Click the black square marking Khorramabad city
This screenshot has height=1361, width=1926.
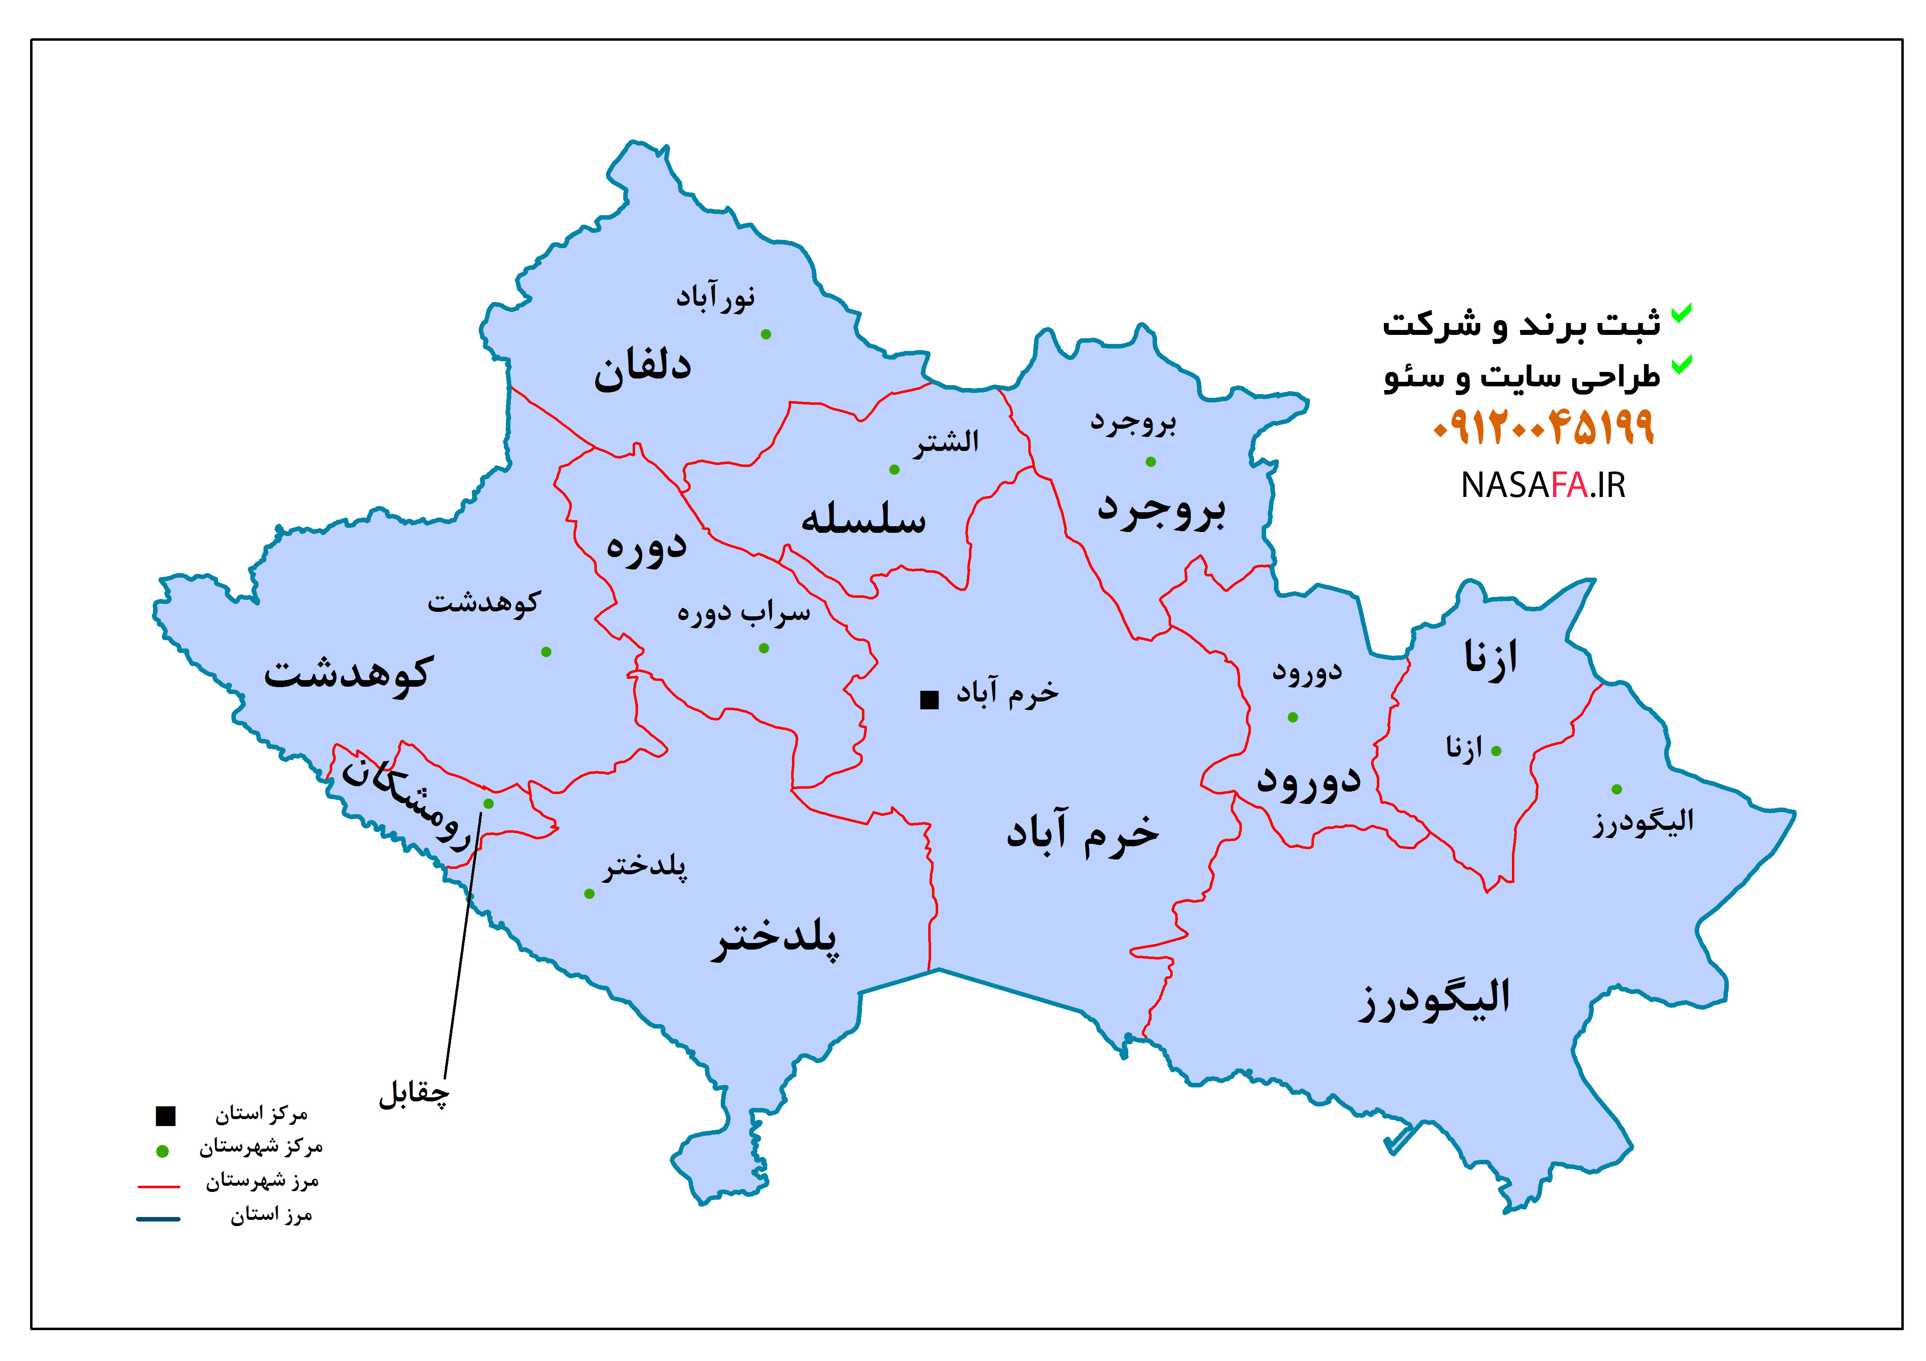929,699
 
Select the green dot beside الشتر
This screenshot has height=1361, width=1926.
894,469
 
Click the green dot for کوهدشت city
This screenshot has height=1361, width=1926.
546,652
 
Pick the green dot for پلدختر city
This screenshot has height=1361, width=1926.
589,894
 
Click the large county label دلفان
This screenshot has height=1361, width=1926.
643,369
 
